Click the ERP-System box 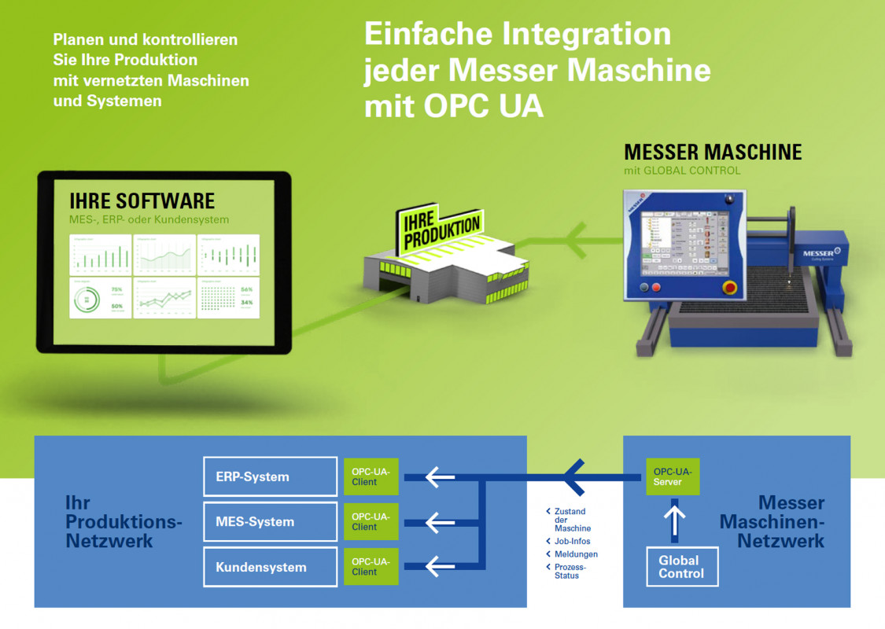click(x=270, y=476)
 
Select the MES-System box click(x=270, y=521)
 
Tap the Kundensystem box click(x=270, y=567)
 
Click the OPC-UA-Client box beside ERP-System click(x=371, y=476)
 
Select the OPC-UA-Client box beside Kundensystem click(x=371, y=567)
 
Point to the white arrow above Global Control click(x=675, y=521)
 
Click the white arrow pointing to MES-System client click(x=441, y=521)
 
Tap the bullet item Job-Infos click(x=572, y=542)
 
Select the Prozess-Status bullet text click(x=570, y=571)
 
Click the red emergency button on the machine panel click(x=730, y=287)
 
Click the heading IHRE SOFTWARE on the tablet click(x=142, y=200)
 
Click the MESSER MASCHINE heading click(x=713, y=152)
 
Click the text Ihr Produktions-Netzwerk click(x=124, y=522)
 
